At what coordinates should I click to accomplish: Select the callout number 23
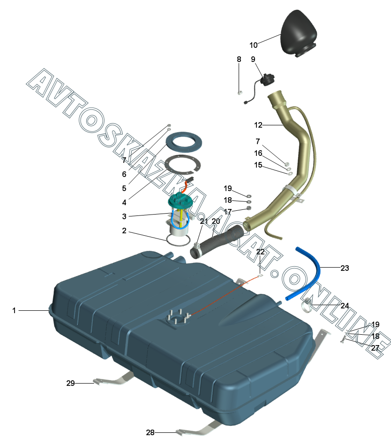pyautogui.click(x=345, y=269)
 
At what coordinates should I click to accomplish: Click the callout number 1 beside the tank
pyautogui.click(x=14, y=310)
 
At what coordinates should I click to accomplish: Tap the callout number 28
pyautogui.click(x=150, y=432)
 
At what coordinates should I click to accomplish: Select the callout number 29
pyautogui.click(x=70, y=383)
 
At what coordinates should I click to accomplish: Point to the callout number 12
pyautogui.click(x=258, y=125)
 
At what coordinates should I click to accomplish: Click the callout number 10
pyautogui.click(x=253, y=46)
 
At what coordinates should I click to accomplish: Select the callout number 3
pyautogui.click(x=124, y=216)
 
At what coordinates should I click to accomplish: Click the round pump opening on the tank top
pyautogui.click(x=177, y=318)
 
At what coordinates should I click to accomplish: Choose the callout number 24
pyautogui.click(x=345, y=306)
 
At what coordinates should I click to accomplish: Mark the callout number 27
pyautogui.click(x=375, y=348)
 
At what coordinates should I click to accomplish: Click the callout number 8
pyautogui.click(x=239, y=60)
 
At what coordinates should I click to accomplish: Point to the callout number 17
pyautogui.click(x=227, y=212)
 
